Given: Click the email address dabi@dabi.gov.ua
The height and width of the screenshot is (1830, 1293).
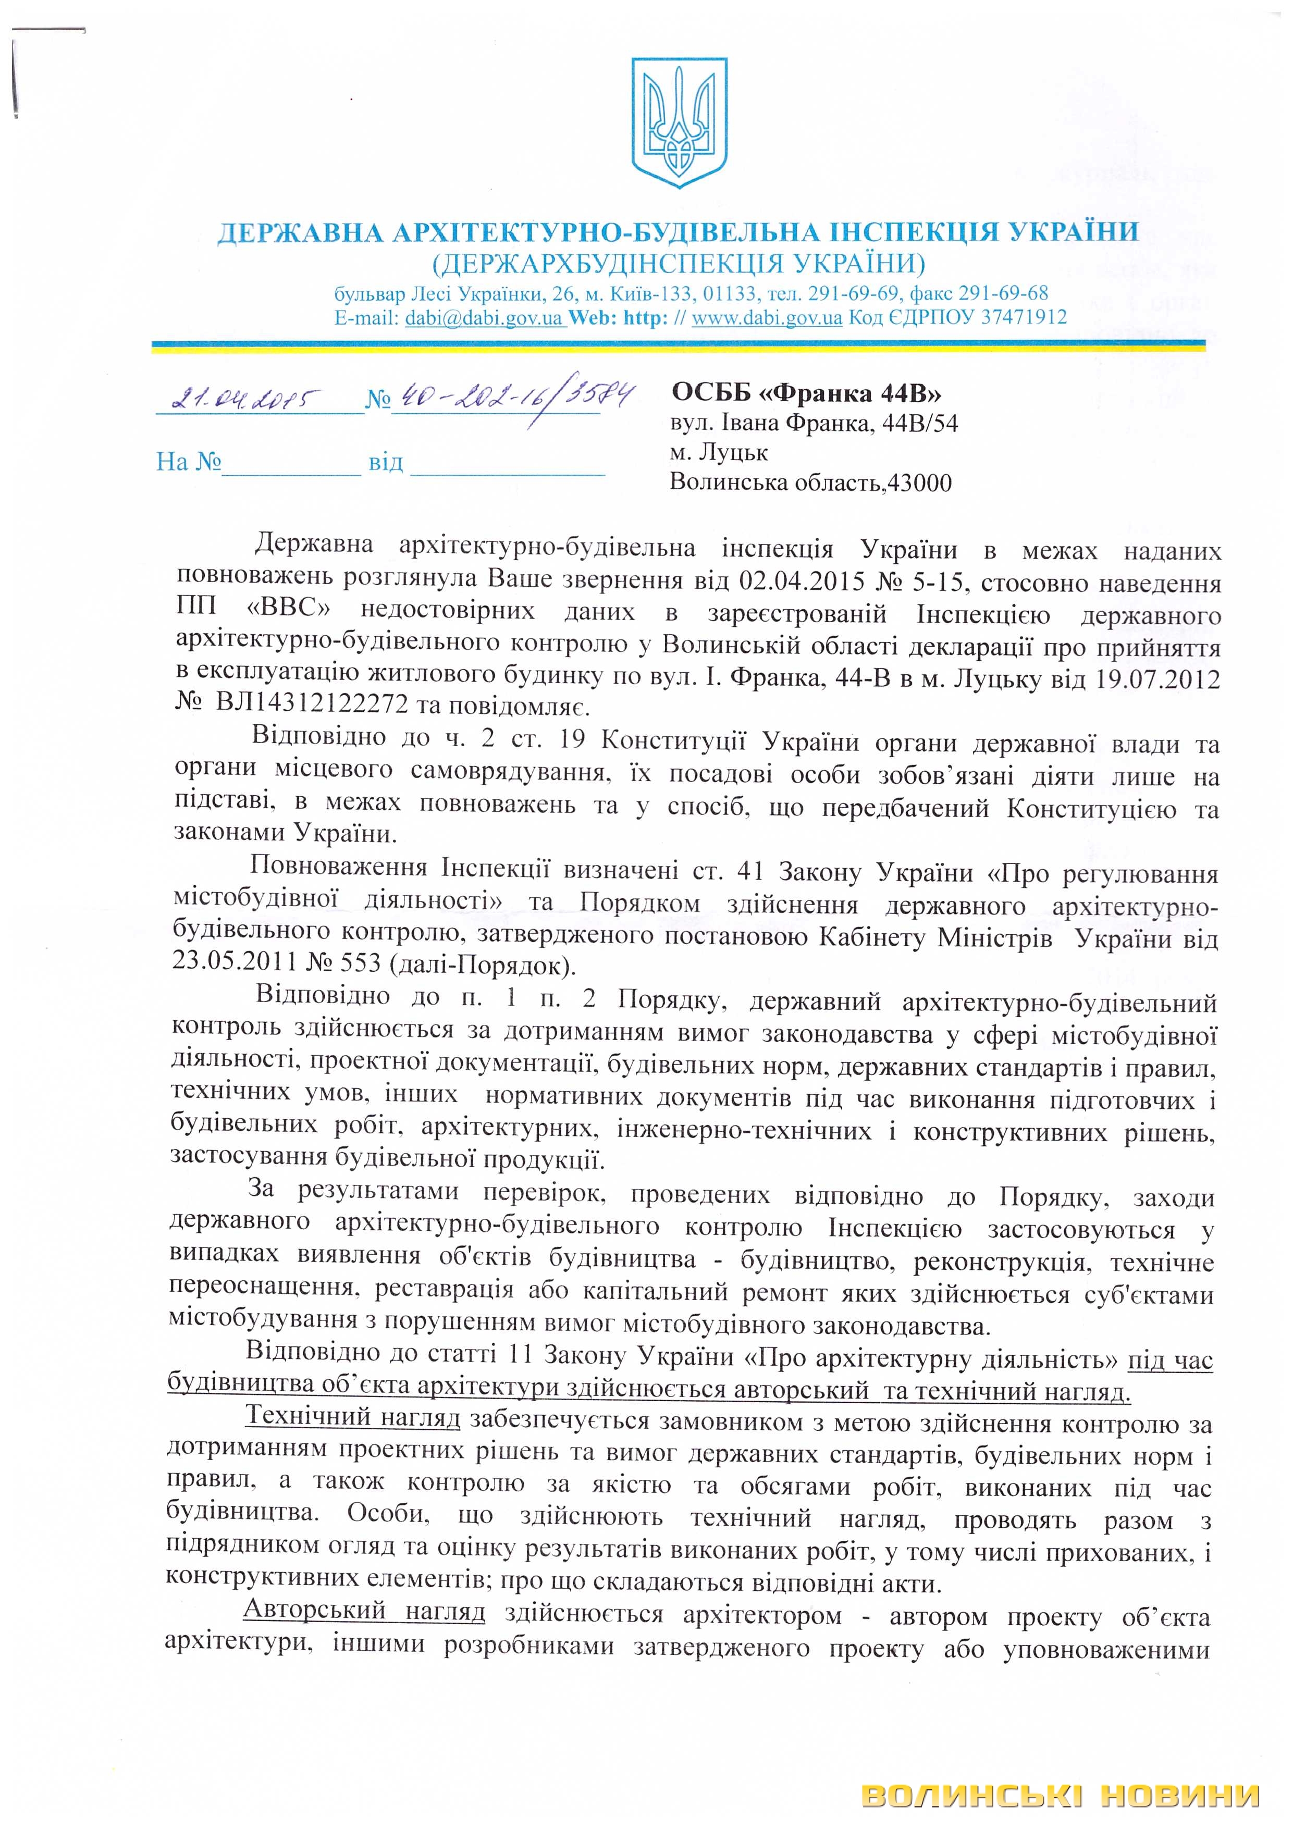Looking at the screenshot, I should tap(484, 318).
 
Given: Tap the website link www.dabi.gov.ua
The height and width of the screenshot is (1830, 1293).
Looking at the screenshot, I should tap(766, 318).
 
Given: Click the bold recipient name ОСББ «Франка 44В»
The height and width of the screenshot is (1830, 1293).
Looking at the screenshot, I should tap(805, 392).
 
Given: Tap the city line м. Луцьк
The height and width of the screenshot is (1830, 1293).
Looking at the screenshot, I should tap(718, 453).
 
